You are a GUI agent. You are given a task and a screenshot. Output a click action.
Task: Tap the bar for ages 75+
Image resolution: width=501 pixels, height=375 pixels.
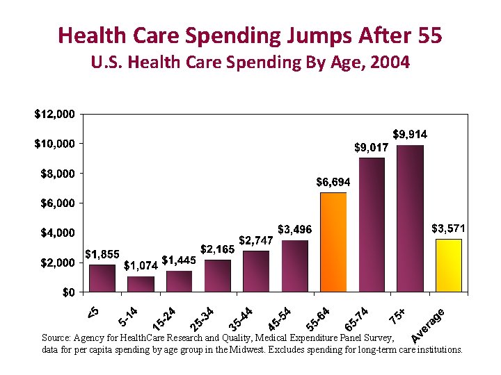pyautogui.click(x=410, y=218)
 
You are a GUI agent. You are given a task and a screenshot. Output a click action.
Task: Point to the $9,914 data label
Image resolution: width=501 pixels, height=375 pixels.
pyautogui.click(x=410, y=133)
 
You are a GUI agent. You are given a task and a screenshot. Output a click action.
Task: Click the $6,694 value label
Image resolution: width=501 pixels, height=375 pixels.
pyautogui.click(x=333, y=182)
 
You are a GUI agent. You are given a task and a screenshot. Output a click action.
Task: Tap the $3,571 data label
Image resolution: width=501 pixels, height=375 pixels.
pyautogui.click(x=448, y=228)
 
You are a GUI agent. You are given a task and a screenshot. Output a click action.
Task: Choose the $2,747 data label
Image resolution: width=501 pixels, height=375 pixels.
pyautogui.click(x=255, y=240)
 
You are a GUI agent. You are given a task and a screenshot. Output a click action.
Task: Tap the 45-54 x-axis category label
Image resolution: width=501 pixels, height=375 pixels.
pyautogui.click(x=279, y=317)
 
